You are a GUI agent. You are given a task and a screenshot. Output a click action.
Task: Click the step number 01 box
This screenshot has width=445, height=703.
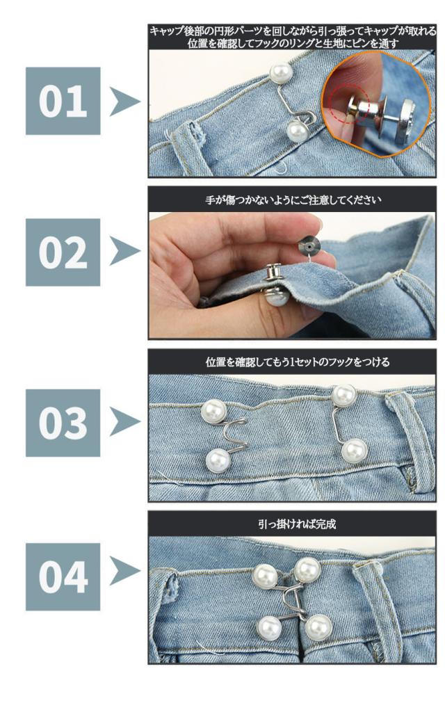click(x=63, y=101)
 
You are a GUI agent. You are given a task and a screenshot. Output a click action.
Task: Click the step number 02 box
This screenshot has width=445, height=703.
click(x=63, y=252)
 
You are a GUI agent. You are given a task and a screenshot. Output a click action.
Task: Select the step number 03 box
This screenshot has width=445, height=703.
click(x=63, y=423)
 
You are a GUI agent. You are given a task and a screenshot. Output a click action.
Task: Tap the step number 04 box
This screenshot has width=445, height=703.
click(x=63, y=576)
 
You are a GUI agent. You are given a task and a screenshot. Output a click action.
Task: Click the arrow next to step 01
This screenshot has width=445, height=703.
click(x=124, y=102)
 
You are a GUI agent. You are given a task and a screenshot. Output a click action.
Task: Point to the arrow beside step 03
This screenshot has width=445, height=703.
click(x=124, y=421)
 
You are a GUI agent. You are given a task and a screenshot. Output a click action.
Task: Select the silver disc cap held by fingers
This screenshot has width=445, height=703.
click(x=309, y=244)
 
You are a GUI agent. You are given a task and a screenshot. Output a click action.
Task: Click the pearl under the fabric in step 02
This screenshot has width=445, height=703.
click(x=275, y=296)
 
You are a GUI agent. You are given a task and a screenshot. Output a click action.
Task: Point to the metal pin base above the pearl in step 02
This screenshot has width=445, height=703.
click(x=273, y=273)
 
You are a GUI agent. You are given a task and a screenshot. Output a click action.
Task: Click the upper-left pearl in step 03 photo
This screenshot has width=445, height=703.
click(x=213, y=411)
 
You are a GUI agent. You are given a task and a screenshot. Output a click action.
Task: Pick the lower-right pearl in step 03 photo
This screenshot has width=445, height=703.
click(x=354, y=451)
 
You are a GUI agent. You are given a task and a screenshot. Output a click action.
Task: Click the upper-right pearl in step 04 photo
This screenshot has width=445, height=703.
click(x=307, y=570)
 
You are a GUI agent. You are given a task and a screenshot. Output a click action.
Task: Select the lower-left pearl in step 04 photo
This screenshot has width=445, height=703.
click(x=270, y=628)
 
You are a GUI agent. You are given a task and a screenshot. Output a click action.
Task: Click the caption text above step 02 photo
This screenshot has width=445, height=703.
click(x=293, y=200)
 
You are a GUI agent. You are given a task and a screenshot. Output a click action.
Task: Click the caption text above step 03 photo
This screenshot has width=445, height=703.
click(x=298, y=362)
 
